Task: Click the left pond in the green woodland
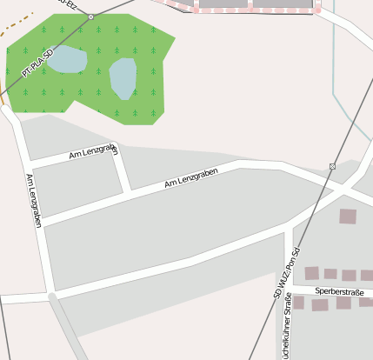(68, 60)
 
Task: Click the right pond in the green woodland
(123, 78)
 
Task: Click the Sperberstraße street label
(339, 292)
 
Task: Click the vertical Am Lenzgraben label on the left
(34, 201)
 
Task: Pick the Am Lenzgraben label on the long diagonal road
(190, 178)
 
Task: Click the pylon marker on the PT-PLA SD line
(90, 17)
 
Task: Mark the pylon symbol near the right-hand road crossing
(332, 165)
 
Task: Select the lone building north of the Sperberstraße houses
(348, 216)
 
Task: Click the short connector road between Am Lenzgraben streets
(123, 170)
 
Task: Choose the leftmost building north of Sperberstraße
(311, 273)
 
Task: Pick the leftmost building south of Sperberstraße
(299, 303)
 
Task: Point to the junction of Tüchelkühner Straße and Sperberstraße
(288, 286)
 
